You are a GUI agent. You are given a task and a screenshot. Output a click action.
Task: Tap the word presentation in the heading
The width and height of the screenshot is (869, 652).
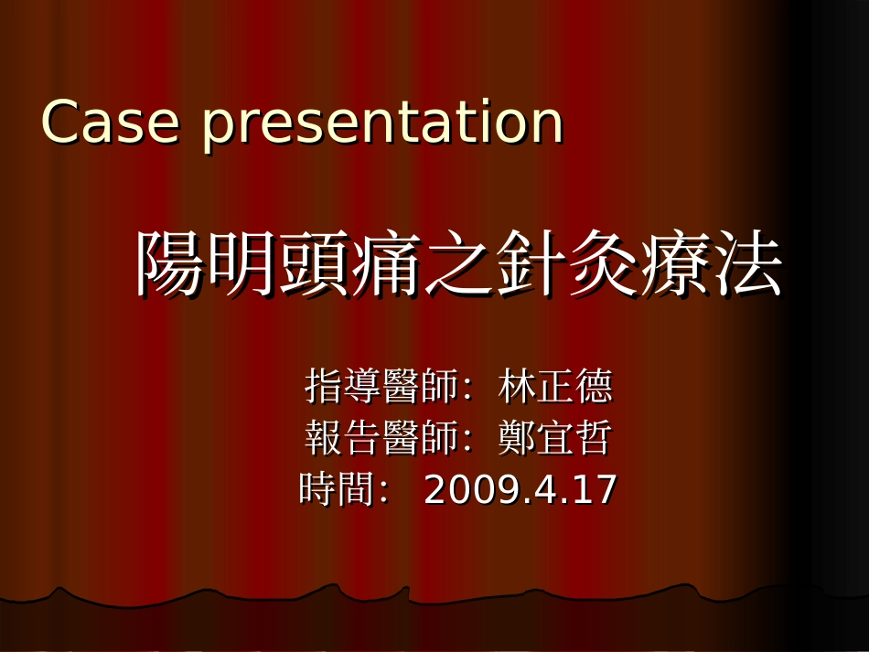(x=382, y=124)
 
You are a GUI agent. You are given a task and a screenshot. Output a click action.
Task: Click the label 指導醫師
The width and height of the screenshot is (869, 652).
(x=381, y=387)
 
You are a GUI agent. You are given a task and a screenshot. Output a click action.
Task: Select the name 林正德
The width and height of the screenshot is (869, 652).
(x=555, y=387)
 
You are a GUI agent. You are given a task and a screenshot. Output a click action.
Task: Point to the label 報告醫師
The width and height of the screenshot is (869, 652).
(x=381, y=439)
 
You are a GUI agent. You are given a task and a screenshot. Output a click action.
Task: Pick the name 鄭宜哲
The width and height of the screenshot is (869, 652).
(x=555, y=439)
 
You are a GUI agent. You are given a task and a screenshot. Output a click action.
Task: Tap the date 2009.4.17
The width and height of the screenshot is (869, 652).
(x=520, y=490)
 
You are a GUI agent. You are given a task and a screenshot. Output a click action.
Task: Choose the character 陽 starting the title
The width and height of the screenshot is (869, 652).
(x=170, y=265)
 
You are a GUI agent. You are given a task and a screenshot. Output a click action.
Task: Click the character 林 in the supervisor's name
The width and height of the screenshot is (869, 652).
(x=517, y=387)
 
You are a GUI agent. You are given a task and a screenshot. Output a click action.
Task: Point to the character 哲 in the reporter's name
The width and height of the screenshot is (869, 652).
(x=594, y=439)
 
